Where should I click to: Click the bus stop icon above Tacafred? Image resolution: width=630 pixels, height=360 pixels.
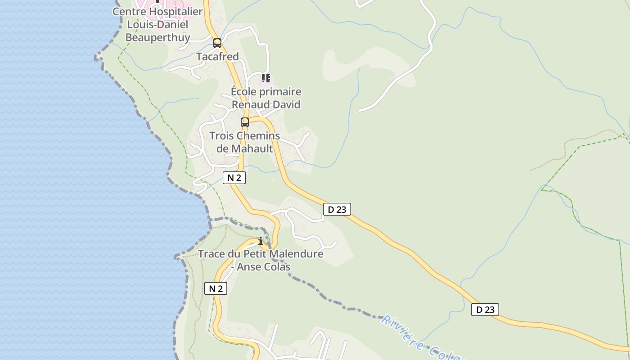click(x=217, y=43)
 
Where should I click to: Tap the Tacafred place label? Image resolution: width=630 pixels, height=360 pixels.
click(x=217, y=57)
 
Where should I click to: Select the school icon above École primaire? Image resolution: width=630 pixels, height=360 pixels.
click(x=266, y=79)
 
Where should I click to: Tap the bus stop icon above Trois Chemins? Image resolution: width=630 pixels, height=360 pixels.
click(x=245, y=122)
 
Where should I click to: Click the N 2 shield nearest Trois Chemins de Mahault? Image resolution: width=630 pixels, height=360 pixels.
click(x=234, y=178)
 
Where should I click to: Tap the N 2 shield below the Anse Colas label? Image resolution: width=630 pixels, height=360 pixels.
click(x=216, y=288)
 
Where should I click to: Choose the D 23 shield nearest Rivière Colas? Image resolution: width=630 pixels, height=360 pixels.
click(x=485, y=310)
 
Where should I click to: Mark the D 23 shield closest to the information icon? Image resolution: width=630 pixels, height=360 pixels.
click(x=337, y=209)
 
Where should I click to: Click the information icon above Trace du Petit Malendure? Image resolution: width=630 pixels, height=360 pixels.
click(x=260, y=241)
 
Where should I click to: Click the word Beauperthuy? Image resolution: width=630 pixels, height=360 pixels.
click(x=157, y=37)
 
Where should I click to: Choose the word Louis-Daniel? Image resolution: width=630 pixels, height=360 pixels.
click(x=157, y=24)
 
